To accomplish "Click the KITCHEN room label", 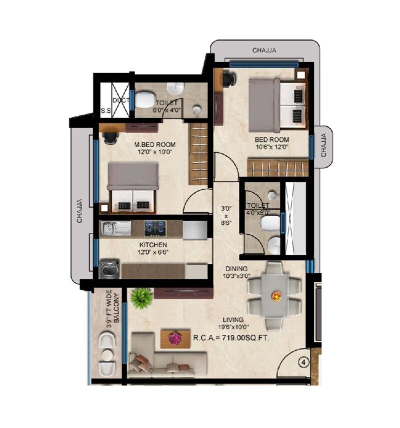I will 153,244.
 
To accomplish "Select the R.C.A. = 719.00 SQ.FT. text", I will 231,338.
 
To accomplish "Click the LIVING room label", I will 234,319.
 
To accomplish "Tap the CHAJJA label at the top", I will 264,51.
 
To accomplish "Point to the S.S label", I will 105,111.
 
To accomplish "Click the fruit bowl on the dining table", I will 275,296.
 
